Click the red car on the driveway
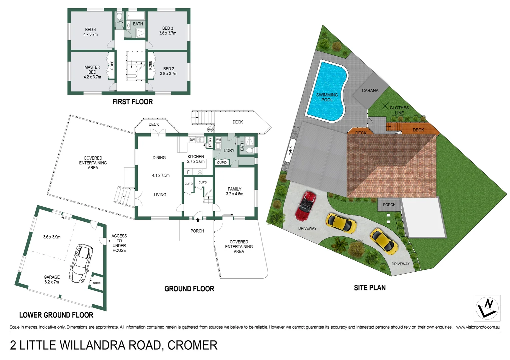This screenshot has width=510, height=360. tap(306, 206)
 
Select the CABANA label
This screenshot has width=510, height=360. tap(370, 90)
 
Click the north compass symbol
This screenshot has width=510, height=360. tap(487, 308)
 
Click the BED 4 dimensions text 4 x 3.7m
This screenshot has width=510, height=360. tap(90, 34)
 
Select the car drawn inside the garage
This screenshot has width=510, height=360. tap(81, 263)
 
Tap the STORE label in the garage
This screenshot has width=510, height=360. tap(97, 283)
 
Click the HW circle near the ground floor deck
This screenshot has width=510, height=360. tap(210, 129)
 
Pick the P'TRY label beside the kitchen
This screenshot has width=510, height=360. tap(210, 142)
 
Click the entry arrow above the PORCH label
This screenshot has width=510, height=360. tap(198, 220)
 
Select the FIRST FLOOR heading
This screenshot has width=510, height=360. tap(132, 102)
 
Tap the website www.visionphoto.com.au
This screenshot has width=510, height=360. tap(478, 327)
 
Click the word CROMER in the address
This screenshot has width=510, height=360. tap(192, 345)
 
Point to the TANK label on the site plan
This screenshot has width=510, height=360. tap(290, 150)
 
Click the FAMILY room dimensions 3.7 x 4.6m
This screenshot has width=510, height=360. tap(234, 194)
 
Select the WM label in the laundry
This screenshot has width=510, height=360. tap(218, 140)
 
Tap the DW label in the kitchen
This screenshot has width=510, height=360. tap(192, 140)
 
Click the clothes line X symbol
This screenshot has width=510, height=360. tap(385, 106)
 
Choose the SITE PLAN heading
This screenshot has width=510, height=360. tap(370, 288)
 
